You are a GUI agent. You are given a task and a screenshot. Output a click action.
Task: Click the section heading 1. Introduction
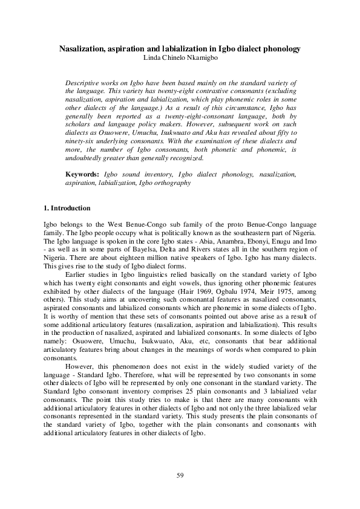click(x=68, y=208)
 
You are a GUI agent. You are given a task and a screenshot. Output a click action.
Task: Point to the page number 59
click(x=180, y=475)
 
